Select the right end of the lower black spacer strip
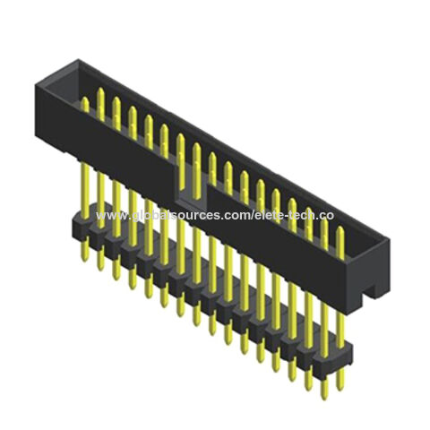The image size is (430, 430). pyautogui.click(x=349, y=356)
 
